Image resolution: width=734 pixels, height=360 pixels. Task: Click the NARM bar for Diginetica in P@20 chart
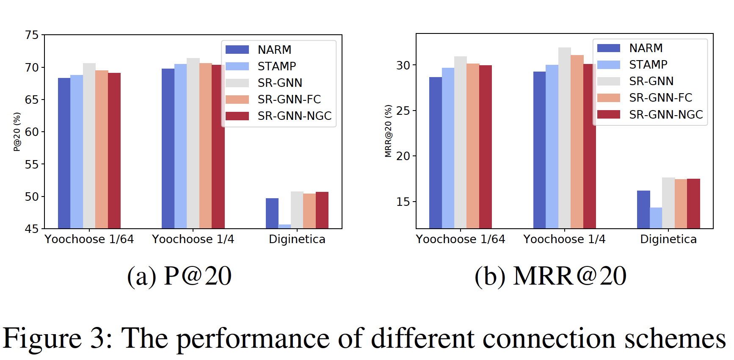click(x=272, y=213)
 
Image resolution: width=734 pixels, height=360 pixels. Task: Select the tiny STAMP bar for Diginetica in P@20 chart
click(x=284, y=227)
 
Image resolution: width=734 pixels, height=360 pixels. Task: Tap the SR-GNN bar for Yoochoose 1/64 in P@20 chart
click(x=89, y=146)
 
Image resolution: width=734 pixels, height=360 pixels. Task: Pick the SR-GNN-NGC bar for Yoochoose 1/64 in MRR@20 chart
click(x=486, y=147)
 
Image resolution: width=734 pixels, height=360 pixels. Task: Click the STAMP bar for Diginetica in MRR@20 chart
click(x=656, y=218)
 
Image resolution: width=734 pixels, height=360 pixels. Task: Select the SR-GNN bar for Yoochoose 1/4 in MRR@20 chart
click(x=564, y=138)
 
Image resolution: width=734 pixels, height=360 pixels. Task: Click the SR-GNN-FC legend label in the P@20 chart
click(x=289, y=100)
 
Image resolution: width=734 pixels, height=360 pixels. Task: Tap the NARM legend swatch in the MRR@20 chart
click(x=608, y=48)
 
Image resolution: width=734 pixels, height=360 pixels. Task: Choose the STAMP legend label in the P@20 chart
click(x=277, y=66)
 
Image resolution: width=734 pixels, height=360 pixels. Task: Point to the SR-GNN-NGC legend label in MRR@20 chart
click(x=665, y=115)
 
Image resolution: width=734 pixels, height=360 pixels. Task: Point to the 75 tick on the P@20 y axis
click(x=32, y=35)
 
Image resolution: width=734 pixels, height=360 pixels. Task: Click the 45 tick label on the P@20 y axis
click(x=32, y=229)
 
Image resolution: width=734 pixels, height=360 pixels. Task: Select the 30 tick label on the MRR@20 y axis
click(x=403, y=66)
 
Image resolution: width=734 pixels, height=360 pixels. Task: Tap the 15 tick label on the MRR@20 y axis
click(x=403, y=202)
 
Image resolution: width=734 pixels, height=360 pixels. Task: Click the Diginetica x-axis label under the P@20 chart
click(x=297, y=240)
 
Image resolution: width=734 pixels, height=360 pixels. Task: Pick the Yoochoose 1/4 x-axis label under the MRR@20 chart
click(x=564, y=240)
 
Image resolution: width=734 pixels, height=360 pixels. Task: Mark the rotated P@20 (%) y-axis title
click(x=17, y=132)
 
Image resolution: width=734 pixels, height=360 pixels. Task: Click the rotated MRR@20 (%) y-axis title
click(x=388, y=131)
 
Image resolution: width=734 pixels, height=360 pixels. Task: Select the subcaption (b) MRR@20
click(x=550, y=277)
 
